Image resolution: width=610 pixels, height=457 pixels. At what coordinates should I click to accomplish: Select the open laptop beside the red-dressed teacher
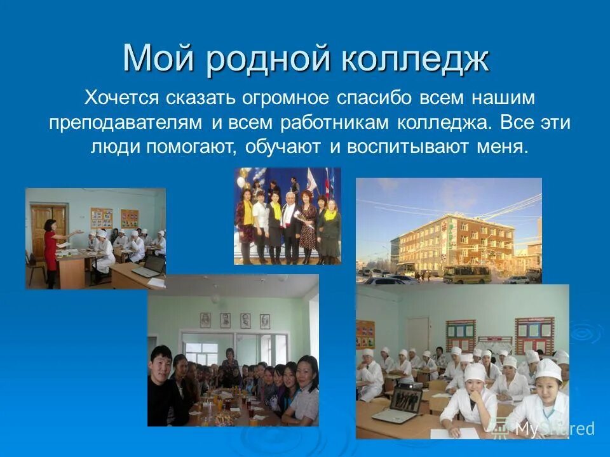(146, 267)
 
